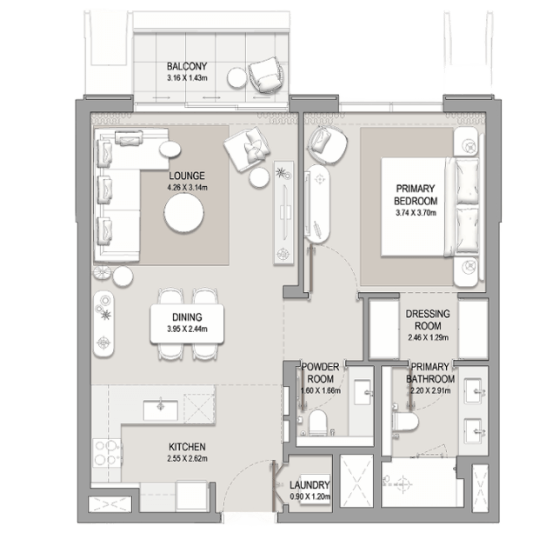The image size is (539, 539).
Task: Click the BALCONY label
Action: [187, 66]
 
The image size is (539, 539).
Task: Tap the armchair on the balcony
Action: [265, 75]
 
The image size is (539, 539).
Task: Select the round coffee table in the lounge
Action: [184, 213]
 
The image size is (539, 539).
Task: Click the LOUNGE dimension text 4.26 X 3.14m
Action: [187, 188]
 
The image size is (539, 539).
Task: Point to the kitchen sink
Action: [161, 410]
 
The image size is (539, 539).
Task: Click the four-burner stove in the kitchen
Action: [107, 453]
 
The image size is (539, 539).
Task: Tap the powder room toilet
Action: [317, 423]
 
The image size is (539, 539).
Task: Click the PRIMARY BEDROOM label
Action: [416, 195]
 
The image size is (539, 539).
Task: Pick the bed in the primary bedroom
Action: [429, 207]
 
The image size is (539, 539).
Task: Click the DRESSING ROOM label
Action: [428, 320]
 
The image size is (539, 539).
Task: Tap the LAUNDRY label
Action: [309, 485]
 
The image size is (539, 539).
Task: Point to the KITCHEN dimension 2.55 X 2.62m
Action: [187, 458]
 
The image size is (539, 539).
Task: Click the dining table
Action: [187, 323]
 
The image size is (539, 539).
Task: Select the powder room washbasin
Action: [363, 392]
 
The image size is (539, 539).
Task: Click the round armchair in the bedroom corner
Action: [327, 143]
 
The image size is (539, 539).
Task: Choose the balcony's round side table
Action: [237, 77]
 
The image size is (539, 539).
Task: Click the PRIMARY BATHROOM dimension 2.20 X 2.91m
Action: [430, 391]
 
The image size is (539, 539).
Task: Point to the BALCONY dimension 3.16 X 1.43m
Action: [187, 78]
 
